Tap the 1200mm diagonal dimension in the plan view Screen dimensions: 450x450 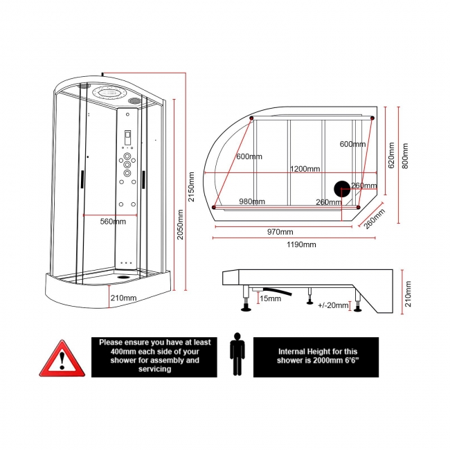click(305, 169)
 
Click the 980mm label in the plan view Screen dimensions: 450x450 click(252, 201)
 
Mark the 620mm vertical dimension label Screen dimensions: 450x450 click(391, 155)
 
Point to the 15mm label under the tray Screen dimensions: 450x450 click(270, 298)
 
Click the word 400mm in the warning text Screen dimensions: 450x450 click(111, 351)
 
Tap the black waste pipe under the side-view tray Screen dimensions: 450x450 click(276, 289)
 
